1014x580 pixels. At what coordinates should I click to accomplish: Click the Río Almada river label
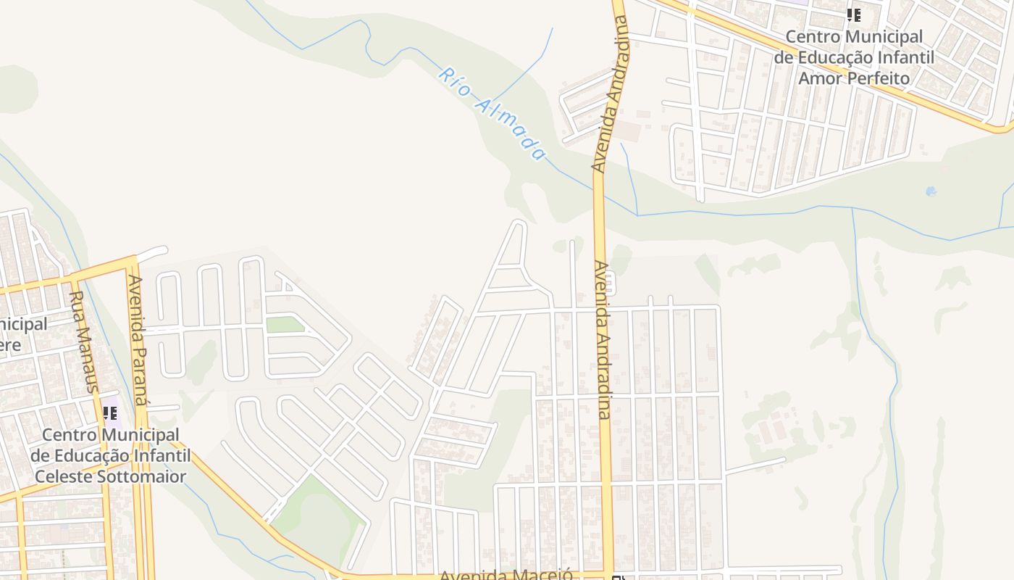pyautogui.click(x=491, y=114)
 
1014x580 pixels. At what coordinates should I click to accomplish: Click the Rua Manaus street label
pyautogui.click(x=83, y=341)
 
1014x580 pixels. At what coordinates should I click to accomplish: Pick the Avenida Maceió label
pyautogui.click(x=506, y=575)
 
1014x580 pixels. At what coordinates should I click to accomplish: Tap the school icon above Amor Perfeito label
pyautogui.click(x=854, y=14)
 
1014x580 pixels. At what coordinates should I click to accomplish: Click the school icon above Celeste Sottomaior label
pyautogui.click(x=110, y=413)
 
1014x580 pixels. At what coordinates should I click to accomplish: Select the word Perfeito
pyautogui.click(x=873, y=77)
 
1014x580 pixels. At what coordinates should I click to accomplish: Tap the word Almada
pyautogui.click(x=509, y=128)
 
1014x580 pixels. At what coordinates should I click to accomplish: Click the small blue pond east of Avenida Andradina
pyautogui.click(x=931, y=191)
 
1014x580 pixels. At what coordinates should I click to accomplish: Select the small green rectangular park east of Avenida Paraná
pyautogui.click(x=285, y=324)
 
